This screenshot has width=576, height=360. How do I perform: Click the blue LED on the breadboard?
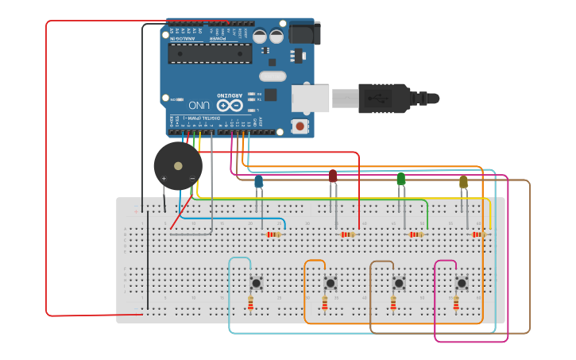[x=259, y=182]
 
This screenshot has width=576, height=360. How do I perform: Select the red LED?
[x=333, y=176]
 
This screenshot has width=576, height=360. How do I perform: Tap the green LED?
[x=400, y=179]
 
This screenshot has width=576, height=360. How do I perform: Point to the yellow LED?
[x=464, y=182]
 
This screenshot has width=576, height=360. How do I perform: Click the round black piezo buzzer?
[x=178, y=165]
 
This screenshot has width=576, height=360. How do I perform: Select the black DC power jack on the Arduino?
[x=303, y=33]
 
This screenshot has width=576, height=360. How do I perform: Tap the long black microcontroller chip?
[x=210, y=52]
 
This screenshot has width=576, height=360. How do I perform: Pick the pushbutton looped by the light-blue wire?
[x=257, y=282]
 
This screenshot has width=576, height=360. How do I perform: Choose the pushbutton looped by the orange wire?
[x=331, y=283]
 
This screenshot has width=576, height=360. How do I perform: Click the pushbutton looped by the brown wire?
[x=399, y=283]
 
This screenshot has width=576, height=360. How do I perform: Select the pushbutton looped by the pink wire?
[x=462, y=283]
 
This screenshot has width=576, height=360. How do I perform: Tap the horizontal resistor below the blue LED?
[x=275, y=234]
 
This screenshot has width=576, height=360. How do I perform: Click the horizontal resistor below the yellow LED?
[x=478, y=234]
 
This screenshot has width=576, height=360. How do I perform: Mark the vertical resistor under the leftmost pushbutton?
[x=250, y=303]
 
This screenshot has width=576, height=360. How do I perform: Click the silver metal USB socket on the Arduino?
[x=310, y=98]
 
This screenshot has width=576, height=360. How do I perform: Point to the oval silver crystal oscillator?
[x=272, y=76]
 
